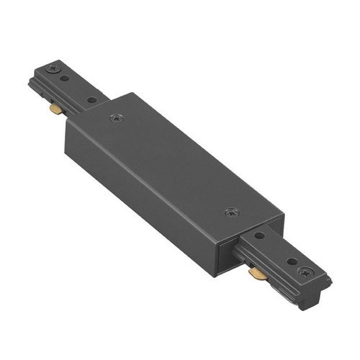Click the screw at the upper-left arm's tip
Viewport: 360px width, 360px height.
point(53,68)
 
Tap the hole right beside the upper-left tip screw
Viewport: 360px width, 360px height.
point(66,77)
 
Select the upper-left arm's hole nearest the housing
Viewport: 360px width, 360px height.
point(92,99)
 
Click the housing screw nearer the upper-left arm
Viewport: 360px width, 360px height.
point(116,117)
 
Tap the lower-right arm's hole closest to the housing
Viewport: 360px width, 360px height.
point(258,235)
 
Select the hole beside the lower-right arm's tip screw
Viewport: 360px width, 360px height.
point(292,261)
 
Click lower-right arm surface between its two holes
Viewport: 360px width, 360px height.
point(275,248)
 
